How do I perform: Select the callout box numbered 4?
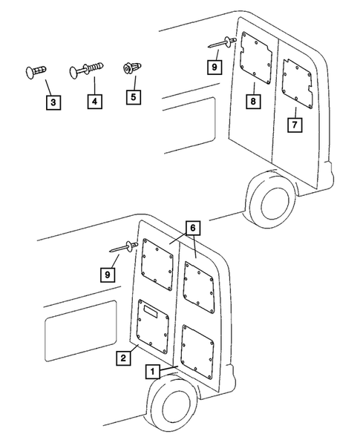[x=95, y=100]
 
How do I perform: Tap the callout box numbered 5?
[x=134, y=96]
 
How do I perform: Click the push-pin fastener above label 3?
[x=36, y=70]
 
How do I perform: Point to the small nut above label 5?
[x=128, y=68]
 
